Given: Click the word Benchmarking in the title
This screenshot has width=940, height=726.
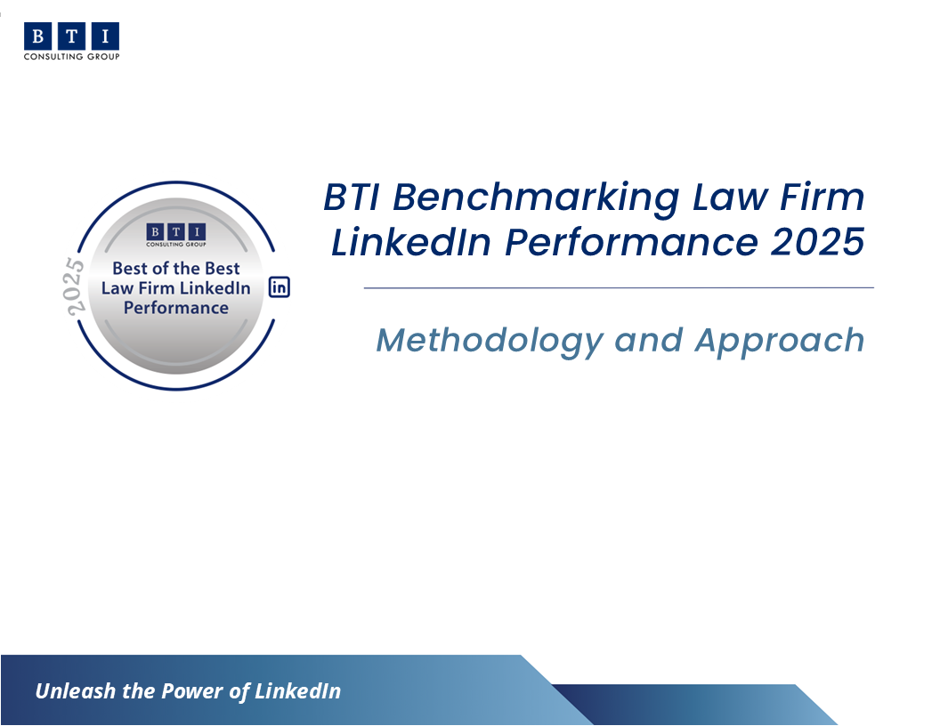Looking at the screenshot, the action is [x=536, y=198].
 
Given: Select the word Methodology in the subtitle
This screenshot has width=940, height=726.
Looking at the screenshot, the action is [x=490, y=342].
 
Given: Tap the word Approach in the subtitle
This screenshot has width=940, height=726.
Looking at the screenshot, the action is [x=780, y=342].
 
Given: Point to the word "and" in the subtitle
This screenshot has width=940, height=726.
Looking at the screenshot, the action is [x=649, y=340].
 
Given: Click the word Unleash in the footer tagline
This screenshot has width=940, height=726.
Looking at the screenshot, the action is [x=75, y=690].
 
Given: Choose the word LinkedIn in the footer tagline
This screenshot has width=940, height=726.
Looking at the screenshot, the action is [x=297, y=690].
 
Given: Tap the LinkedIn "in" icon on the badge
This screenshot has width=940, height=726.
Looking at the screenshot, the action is [x=280, y=286].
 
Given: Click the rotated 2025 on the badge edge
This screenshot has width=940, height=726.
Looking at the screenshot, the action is [x=76, y=286].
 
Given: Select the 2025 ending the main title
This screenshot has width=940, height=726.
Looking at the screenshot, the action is [x=817, y=242].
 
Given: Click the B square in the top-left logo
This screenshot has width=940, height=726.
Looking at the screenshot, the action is [x=37, y=36].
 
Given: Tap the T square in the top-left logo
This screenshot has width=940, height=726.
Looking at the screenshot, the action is [x=71, y=36].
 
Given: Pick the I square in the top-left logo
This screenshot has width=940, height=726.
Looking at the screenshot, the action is [x=106, y=36].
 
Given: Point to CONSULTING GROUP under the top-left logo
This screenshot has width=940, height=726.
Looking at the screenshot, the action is [x=72, y=56].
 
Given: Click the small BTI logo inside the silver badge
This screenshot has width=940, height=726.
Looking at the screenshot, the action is [x=176, y=235].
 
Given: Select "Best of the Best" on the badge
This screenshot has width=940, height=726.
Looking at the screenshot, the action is [x=176, y=268].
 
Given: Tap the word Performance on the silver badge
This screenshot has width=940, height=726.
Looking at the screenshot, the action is [x=176, y=308].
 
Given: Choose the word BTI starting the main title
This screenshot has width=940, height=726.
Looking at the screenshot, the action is [x=352, y=197].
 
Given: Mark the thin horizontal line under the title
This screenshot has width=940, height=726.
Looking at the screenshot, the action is [x=619, y=288].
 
